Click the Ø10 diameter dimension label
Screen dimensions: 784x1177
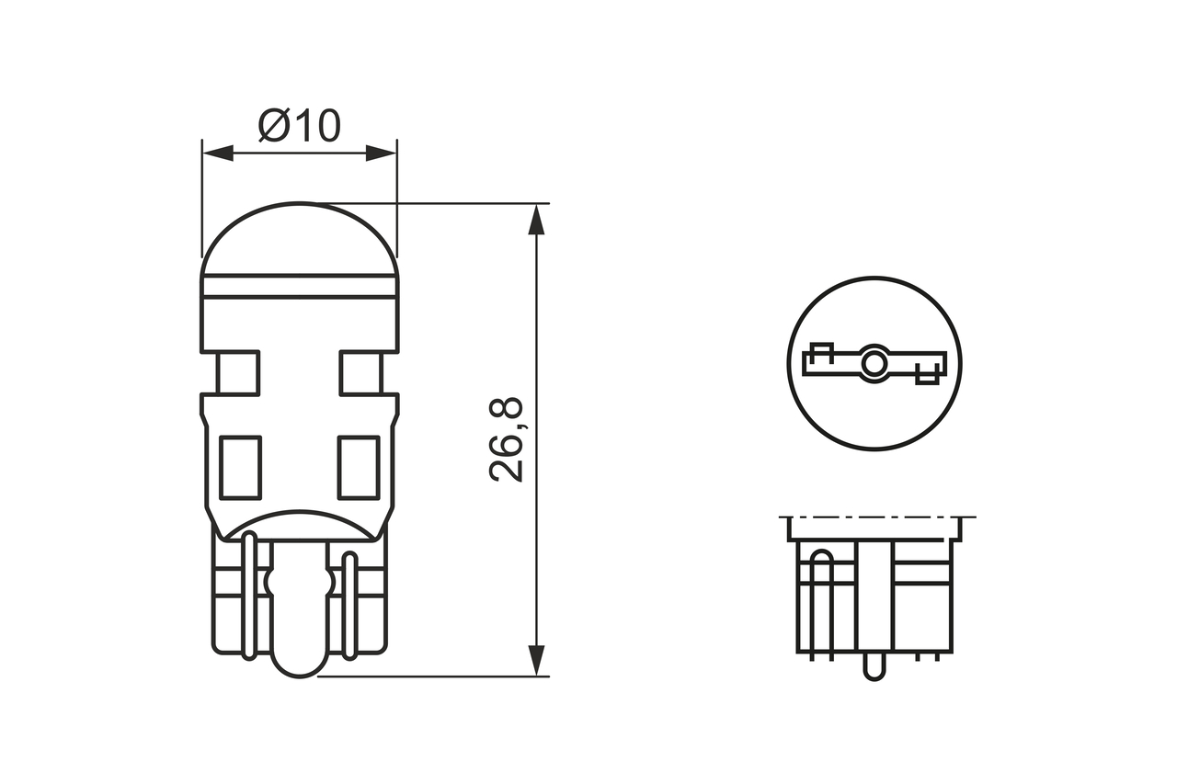(300, 125)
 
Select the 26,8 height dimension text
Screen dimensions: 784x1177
(507, 440)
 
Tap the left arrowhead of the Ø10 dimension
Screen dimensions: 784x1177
(217, 153)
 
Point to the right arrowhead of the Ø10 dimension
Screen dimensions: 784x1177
(381, 153)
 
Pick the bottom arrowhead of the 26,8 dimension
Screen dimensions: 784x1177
(537, 660)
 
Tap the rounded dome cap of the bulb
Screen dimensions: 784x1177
(300, 241)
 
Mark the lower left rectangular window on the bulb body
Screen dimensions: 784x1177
(241, 467)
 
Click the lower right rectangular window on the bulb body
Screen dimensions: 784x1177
(359, 467)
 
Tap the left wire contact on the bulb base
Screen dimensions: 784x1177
(249, 597)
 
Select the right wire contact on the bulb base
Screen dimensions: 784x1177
(349, 607)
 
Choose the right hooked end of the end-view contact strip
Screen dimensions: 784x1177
(930, 372)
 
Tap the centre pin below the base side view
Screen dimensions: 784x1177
(874, 667)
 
